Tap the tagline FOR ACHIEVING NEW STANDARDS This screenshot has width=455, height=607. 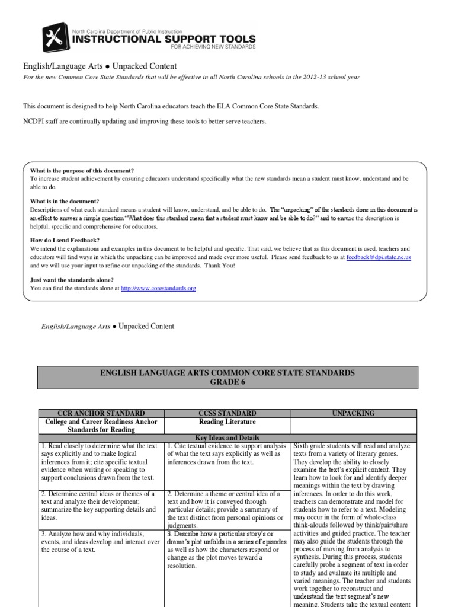pyautogui.click(x=212, y=47)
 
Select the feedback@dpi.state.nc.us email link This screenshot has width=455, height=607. pyautogui.click(x=379, y=258)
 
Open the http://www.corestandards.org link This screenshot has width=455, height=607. pyautogui.click(x=158, y=288)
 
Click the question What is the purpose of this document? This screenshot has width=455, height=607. pyautogui.click(x=82, y=171)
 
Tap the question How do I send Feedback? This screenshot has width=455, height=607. pyautogui.click(x=65, y=240)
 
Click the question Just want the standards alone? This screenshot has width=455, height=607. pyautogui.click(x=72, y=280)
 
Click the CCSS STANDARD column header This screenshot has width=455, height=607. pyautogui.click(x=227, y=413)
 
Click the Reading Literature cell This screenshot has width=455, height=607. pyautogui.click(x=227, y=421)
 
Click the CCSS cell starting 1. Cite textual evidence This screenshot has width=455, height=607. pyautogui.click(x=227, y=453)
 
